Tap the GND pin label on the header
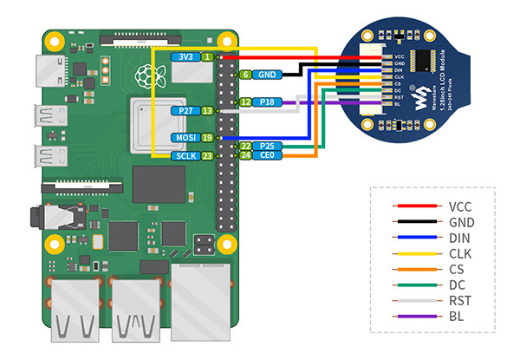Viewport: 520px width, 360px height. pos(268,75)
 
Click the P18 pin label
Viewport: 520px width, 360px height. pos(269,102)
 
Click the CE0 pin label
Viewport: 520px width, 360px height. pos(269,156)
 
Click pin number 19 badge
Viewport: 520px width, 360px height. pos(207,138)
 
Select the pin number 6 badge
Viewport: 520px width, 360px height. pos(246,75)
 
